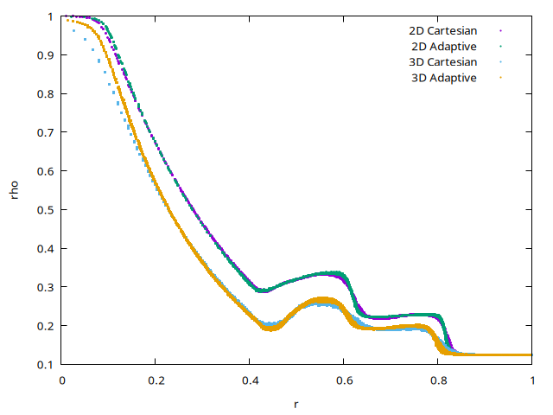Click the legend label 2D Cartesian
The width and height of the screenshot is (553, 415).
[443, 31]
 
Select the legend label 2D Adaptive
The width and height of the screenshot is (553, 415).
[444, 47]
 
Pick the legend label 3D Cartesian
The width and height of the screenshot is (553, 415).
[443, 62]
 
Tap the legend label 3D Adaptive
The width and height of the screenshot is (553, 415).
[444, 78]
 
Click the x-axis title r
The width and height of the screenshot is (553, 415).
[296, 403]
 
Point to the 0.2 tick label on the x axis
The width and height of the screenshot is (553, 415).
[156, 380]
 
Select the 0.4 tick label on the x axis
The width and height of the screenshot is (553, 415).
[250, 380]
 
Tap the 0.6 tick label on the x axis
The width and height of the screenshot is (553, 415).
[344, 380]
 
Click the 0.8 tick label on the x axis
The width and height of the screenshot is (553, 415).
[438, 380]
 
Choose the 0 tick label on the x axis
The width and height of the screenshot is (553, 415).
[62, 380]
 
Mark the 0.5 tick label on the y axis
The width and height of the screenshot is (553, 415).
[45, 209]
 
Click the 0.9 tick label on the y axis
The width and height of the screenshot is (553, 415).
[45, 54]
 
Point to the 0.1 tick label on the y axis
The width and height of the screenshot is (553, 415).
[45, 364]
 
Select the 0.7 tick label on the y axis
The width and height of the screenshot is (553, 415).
[45, 132]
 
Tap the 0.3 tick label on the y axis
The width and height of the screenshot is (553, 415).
[45, 287]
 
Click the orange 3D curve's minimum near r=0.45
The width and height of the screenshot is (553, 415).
[271, 328]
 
